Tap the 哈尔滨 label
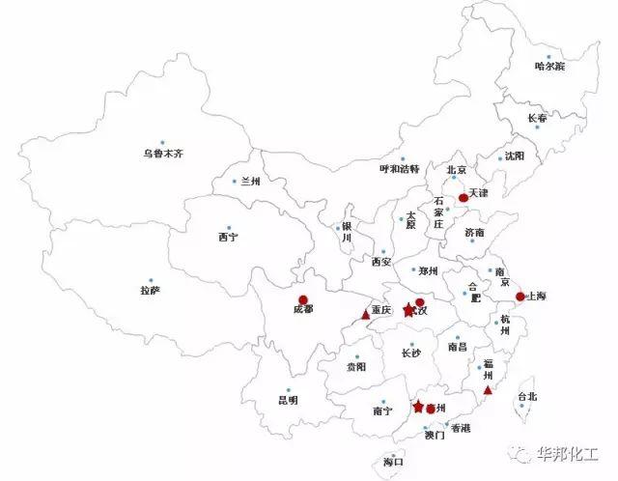tap(549, 66)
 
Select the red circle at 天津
tap(463, 197)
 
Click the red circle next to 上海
tap(519, 297)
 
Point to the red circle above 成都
tap(303, 299)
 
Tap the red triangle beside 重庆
tap(364, 314)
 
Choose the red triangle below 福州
tap(488, 390)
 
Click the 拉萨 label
tap(150, 290)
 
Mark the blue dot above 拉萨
tap(150, 276)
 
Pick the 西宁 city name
tap(228, 237)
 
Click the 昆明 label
tap(288, 399)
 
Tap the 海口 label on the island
tap(392, 462)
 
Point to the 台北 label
tap(525, 396)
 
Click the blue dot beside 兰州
tap(235, 181)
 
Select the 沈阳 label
tap(515, 156)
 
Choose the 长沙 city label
tap(411, 354)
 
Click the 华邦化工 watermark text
tap(570, 449)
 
